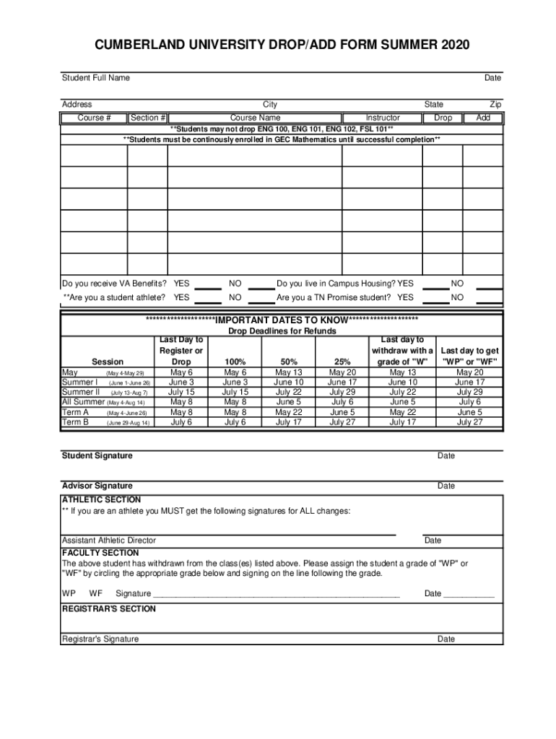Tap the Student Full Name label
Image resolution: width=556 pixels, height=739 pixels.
point(95,78)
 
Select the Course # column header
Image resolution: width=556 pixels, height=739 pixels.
point(94,118)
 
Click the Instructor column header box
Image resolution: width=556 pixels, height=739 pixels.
point(383,118)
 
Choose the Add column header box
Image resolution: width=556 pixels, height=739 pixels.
point(483,118)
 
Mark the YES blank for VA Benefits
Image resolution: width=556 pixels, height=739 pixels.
point(209,285)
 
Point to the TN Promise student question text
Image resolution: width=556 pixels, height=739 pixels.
point(345,297)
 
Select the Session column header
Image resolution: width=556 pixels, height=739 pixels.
point(108,362)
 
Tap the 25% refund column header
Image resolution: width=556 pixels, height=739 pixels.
point(342,362)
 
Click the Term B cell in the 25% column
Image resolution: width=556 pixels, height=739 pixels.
point(342,423)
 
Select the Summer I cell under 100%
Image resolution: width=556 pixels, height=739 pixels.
point(235,382)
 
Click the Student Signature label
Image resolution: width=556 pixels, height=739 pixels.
point(97,456)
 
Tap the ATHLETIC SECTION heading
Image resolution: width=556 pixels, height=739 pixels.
point(101,499)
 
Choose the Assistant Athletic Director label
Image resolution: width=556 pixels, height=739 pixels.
point(108,541)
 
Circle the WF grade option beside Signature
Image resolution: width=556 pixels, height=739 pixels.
point(95,594)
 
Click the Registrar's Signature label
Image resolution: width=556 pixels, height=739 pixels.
point(100,639)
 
